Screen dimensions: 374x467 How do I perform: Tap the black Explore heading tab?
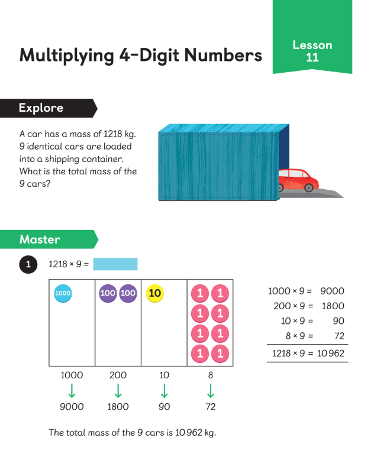[49, 108]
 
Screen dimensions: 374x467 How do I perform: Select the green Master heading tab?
[49, 239]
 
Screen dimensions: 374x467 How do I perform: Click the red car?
[298, 180]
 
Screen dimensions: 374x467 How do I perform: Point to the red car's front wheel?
[309, 187]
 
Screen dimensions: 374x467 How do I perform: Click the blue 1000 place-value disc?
[63, 293]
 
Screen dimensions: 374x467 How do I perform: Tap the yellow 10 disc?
[155, 293]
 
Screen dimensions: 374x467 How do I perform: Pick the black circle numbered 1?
[28, 264]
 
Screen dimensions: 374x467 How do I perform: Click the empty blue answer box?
[115, 264]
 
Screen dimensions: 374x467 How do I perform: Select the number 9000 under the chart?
[72, 407]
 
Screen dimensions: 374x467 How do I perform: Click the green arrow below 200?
[118, 391]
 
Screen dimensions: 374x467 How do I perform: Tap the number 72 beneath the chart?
[211, 407]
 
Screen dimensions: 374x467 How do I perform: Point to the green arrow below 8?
[211, 391]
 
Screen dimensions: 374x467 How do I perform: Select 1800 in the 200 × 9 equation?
[333, 306]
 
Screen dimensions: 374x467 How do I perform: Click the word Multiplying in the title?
[66, 56]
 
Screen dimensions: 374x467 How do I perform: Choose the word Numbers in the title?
[223, 55]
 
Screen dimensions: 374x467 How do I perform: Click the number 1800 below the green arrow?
[118, 407]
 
